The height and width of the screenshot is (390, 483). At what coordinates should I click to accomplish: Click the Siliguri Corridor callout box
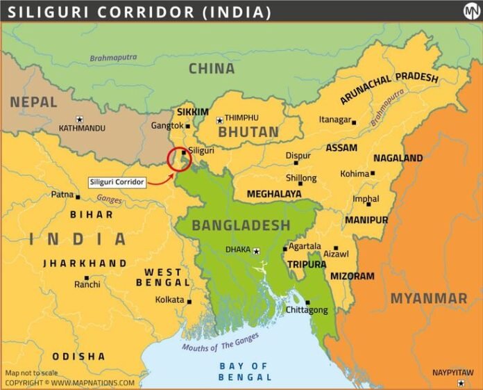click(117, 182)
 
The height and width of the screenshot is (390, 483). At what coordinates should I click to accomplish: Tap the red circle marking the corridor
click(179, 159)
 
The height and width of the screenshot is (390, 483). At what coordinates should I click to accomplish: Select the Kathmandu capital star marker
click(79, 119)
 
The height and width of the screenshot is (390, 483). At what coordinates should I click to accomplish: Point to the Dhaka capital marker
click(256, 251)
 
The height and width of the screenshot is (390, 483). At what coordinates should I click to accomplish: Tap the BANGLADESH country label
click(241, 225)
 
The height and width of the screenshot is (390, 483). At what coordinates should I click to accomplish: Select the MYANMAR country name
click(428, 298)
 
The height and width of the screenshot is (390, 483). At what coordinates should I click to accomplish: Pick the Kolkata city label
click(170, 300)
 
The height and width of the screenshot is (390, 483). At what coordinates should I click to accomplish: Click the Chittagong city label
click(306, 310)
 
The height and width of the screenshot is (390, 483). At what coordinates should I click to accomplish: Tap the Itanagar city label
click(334, 120)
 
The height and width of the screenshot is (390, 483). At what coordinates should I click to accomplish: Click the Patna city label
click(62, 195)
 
